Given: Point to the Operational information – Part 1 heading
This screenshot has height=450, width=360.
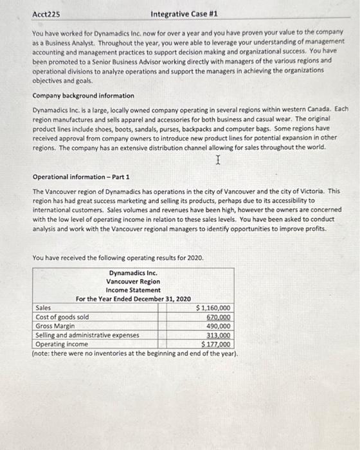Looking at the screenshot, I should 80,176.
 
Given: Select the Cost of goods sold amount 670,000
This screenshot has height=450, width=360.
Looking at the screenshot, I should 219,317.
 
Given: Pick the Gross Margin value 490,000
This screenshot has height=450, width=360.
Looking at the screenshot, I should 219,326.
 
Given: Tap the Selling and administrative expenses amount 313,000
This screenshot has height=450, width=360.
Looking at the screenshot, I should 219,335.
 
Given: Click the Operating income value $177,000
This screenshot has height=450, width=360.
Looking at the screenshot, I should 216,344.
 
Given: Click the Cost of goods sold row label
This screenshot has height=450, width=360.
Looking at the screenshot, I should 62,317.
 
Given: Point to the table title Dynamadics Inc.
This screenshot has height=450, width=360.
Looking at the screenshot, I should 133,273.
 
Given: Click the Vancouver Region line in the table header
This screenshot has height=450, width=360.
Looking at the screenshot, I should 133,282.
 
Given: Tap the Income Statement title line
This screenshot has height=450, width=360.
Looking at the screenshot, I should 133,290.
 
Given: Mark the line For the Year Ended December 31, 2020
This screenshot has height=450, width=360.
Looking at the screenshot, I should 133,299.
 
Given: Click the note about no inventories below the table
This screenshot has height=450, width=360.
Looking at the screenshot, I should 135,354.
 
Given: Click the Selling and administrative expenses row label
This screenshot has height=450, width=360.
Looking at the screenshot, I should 87,335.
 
